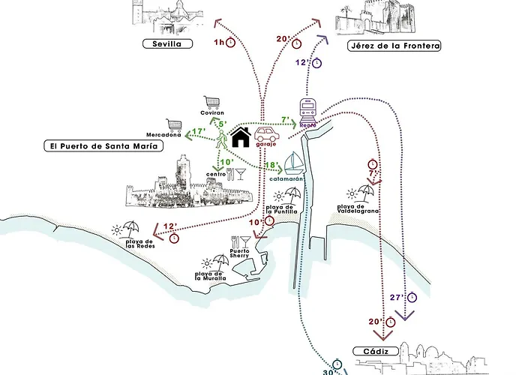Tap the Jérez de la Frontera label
pyautogui.click(x=393, y=46)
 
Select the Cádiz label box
pyautogui.click(x=372, y=352)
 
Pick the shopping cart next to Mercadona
pyautogui.click(x=175, y=125)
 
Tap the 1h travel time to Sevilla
pyautogui.click(x=220, y=43)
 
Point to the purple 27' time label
pyautogui.click(x=397, y=297)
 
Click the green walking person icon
pyautogui.click(x=222, y=138)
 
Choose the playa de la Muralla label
pyautogui.click(x=211, y=275)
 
